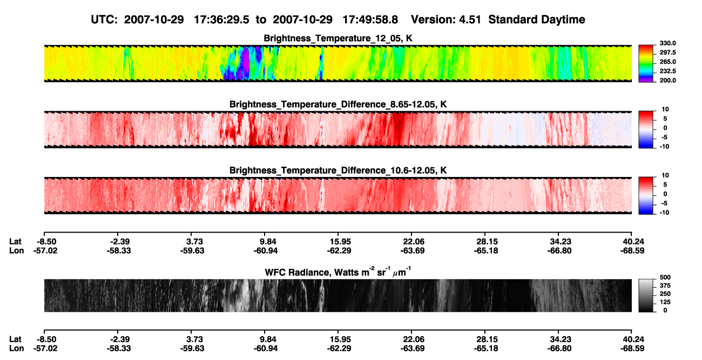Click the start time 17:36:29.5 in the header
[x=221, y=20]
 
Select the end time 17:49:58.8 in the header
[x=370, y=20]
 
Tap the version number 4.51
[x=470, y=20]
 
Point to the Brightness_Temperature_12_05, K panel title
[x=338, y=38]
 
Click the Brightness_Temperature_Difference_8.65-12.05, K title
[x=338, y=104]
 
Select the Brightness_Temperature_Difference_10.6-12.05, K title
[x=338, y=171]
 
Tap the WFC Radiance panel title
[x=338, y=272]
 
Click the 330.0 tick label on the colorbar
[x=667, y=43]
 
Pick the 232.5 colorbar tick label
[x=667, y=71]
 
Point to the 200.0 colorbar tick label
[x=667, y=80]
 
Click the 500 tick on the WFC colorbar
[x=665, y=277]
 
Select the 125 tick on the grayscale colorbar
[x=665, y=302]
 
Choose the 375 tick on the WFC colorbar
[x=665, y=286]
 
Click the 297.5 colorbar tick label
[x=667, y=53]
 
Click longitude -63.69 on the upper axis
[x=413, y=250]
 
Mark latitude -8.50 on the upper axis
[x=46, y=242]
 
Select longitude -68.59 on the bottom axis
[x=632, y=349]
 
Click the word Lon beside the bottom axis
[x=17, y=349]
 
